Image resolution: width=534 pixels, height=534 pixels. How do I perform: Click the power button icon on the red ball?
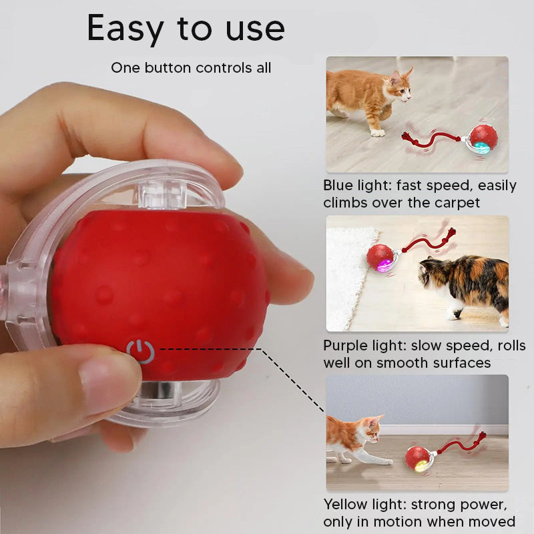click(140, 352)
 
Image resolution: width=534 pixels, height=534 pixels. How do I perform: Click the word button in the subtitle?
click(168, 67)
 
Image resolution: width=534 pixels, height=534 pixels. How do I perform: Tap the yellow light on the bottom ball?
click(422, 465)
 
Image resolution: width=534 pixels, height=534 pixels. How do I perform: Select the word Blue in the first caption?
click(338, 186)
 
